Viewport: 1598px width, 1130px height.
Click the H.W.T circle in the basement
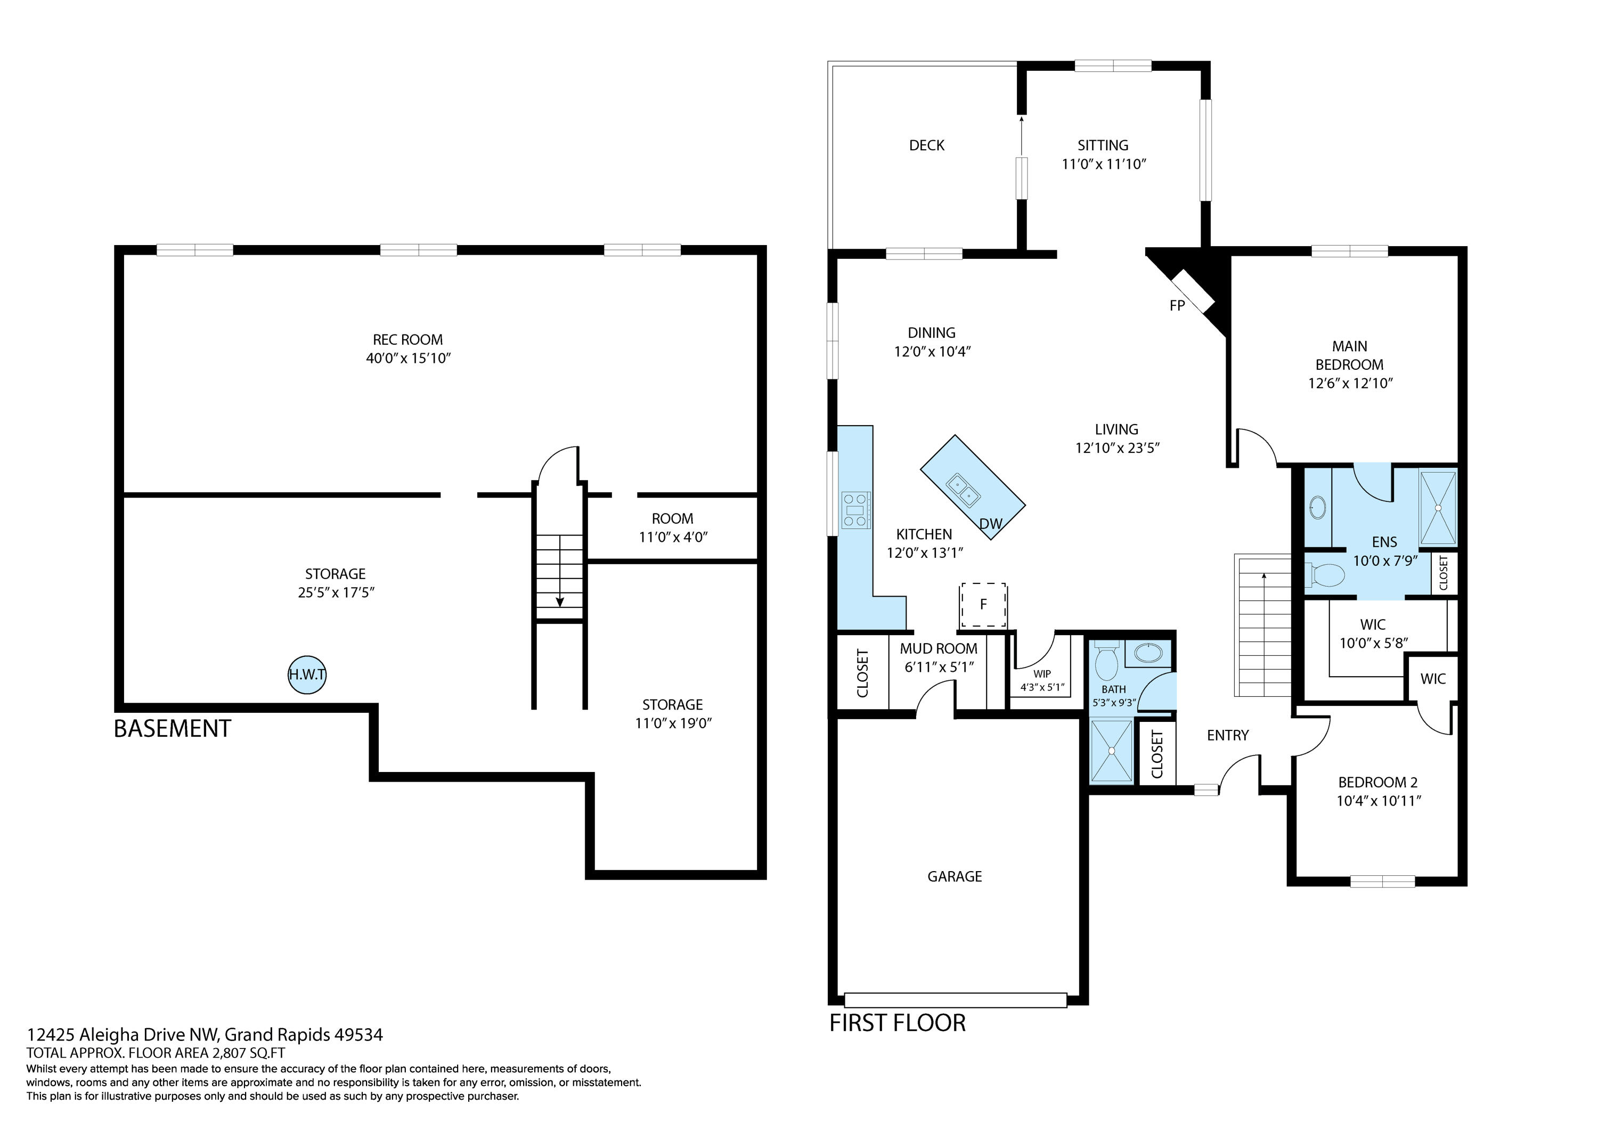click(x=307, y=674)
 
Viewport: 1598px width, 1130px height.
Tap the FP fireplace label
click(x=1177, y=306)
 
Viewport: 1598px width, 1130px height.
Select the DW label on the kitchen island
click(x=990, y=524)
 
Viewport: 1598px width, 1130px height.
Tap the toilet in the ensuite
click(x=1326, y=575)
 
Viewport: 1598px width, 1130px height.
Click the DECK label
click(x=926, y=145)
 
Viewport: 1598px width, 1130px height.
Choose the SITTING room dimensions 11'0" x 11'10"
click(x=1103, y=164)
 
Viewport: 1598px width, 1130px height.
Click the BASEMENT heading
click(x=172, y=728)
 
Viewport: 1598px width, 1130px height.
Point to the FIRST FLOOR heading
click(x=897, y=1023)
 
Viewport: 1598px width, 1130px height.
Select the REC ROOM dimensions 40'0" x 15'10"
click(x=409, y=359)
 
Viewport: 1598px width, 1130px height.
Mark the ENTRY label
click(x=1227, y=735)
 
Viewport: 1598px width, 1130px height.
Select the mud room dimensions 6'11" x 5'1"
click(x=939, y=667)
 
